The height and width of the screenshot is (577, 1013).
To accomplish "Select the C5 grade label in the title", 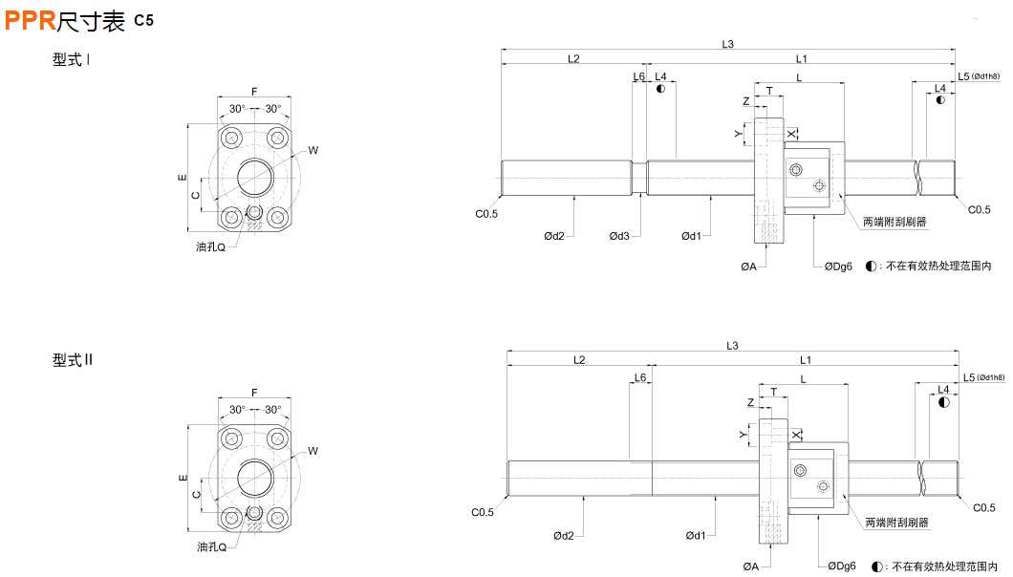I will coord(143,20).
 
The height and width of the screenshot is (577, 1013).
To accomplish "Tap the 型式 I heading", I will coord(72,60).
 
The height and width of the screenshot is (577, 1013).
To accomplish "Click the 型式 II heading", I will coord(74,361).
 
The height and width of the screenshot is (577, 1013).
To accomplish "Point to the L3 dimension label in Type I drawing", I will coord(727,44).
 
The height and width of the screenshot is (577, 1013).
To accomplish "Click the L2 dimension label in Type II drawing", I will coord(579,360).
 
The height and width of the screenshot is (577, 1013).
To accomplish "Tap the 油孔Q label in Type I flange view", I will coord(210,246).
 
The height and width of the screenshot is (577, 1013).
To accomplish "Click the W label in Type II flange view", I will coord(313,451).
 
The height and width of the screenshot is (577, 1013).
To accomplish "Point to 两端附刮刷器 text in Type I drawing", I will coord(894,222).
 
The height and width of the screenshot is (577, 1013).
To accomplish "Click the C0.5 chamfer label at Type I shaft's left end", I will coord(486,213).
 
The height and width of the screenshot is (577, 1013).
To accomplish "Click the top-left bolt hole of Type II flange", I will coord(231,440).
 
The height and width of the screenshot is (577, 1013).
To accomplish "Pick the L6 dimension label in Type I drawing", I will coord(638,76).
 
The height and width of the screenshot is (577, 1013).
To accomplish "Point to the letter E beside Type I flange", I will coord(181,178).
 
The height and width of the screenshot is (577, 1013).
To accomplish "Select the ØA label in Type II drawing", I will coord(749,566).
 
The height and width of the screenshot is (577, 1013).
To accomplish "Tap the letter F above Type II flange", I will coord(254,393).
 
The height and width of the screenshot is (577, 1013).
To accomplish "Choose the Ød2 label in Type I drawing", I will coord(553,235).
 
